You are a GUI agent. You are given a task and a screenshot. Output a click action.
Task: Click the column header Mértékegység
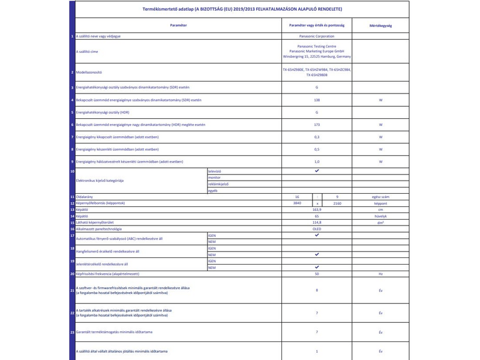tap(380, 26)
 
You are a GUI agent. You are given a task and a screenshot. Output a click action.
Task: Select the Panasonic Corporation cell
tap(317, 37)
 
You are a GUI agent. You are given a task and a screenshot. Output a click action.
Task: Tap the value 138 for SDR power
tap(317, 100)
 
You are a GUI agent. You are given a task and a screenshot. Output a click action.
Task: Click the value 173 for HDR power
tap(317, 125)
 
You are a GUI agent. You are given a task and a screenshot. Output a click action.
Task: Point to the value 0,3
tap(317, 137)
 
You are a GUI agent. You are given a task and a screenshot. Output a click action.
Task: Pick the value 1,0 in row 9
tap(317, 162)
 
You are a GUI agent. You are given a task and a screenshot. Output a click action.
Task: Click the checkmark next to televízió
tap(317, 171)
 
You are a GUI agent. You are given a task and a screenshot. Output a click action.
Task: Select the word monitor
tap(214, 178)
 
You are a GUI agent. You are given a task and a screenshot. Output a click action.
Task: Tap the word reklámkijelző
tap(219, 184)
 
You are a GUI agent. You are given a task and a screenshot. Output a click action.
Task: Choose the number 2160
tap(337, 203)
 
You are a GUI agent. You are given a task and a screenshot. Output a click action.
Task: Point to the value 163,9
tap(317, 209)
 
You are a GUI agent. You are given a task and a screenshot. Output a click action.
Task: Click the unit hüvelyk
tap(380, 216)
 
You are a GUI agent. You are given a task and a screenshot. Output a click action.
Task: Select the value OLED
tap(317, 229)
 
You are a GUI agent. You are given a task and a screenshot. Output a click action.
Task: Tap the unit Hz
tap(380, 274)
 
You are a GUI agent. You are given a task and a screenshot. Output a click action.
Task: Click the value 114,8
tap(317, 222)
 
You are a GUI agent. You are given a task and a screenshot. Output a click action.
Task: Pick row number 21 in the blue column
tap(72, 290)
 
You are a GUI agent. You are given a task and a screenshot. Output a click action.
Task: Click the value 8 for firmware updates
tap(317, 290)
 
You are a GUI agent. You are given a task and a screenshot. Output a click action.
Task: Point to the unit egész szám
tap(380, 197)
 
